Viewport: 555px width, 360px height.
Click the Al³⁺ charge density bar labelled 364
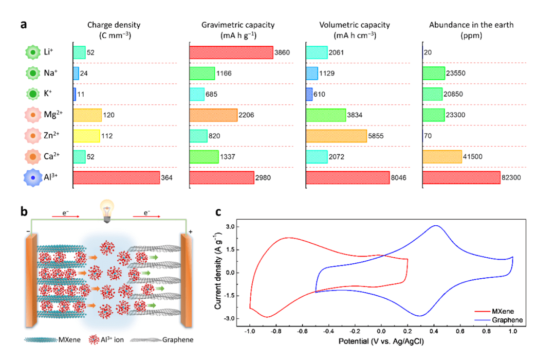(x=116, y=177)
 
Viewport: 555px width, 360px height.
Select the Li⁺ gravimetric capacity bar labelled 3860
(x=231, y=52)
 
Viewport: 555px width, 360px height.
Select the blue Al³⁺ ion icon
(x=33, y=177)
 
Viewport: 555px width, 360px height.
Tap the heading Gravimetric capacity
(x=238, y=25)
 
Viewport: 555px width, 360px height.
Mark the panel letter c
(x=218, y=211)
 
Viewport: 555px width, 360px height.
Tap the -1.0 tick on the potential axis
(x=250, y=332)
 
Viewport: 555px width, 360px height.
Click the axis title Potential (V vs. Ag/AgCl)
(x=381, y=341)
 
